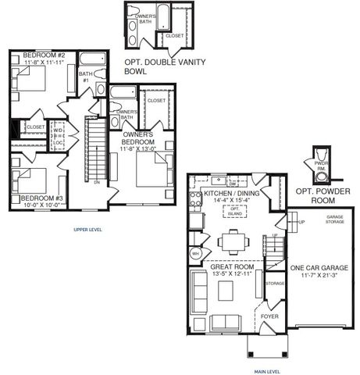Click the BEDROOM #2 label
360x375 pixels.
tap(43, 55)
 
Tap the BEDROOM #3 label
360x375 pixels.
tap(42, 198)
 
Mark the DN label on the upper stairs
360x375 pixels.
tap(95, 182)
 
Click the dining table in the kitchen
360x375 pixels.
tap(233, 241)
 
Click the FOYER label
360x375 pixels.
tap(269, 316)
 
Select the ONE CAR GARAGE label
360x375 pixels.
tap(319, 268)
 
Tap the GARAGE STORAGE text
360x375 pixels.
tap(334, 220)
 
